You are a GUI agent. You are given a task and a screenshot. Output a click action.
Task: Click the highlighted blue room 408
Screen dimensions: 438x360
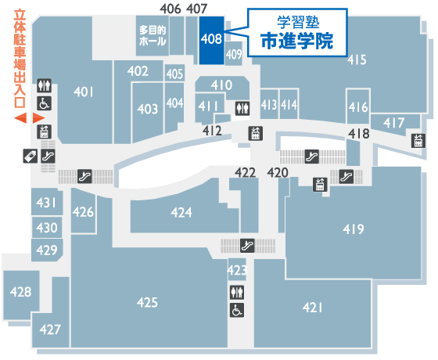[211, 40]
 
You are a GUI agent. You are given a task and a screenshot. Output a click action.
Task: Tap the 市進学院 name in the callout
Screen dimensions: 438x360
[297, 41]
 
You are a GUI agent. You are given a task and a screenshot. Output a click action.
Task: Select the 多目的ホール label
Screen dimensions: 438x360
[153, 35]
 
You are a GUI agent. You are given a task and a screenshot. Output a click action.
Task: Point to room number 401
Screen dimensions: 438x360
[84, 92]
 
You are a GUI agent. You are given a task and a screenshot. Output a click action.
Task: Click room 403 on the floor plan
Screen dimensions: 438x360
[148, 109]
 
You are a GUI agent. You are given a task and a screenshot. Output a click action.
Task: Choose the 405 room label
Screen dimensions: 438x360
[174, 74]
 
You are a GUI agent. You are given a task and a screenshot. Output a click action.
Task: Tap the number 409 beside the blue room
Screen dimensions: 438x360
[234, 54]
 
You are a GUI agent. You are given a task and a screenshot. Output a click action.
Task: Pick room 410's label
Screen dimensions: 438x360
[221, 85]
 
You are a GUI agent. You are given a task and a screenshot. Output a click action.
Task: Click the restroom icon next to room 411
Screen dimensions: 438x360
[242, 109]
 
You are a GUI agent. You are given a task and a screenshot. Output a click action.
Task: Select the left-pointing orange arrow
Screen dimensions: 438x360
[20, 118]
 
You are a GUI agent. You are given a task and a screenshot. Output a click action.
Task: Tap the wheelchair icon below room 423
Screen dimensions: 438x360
[237, 310]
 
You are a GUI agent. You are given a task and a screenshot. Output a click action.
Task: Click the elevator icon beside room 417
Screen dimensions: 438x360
[418, 141]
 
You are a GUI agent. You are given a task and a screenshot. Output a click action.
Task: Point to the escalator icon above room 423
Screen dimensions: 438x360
[247, 246]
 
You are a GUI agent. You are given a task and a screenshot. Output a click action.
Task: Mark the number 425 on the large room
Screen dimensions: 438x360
[147, 302]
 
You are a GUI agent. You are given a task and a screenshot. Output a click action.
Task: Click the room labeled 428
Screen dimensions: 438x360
[20, 292]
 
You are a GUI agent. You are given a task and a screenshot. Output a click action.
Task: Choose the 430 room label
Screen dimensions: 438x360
[47, 228]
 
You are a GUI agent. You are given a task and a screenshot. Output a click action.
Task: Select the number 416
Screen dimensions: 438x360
[358, 107]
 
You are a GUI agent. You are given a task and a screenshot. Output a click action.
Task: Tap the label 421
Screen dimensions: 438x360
[312, 308]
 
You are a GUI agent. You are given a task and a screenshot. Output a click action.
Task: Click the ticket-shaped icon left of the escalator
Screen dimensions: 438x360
[31, 156]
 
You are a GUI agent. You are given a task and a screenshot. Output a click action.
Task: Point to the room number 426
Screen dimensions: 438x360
[83, 212]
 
